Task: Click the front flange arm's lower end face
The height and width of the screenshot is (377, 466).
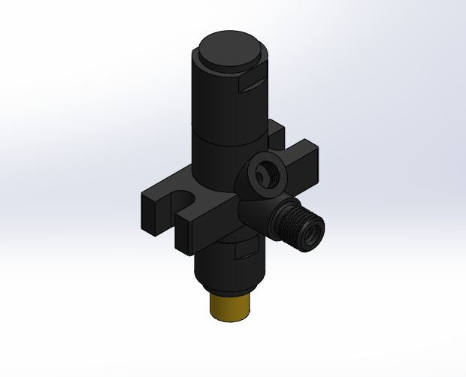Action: coord(186,237)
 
